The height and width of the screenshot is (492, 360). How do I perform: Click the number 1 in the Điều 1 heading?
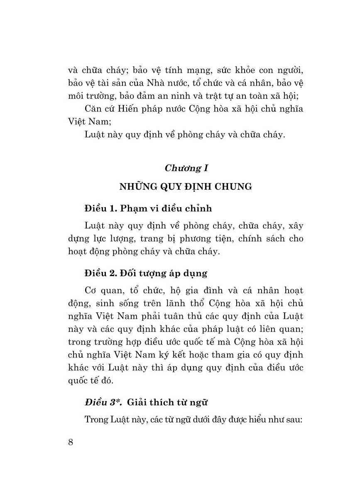[112, 208]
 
